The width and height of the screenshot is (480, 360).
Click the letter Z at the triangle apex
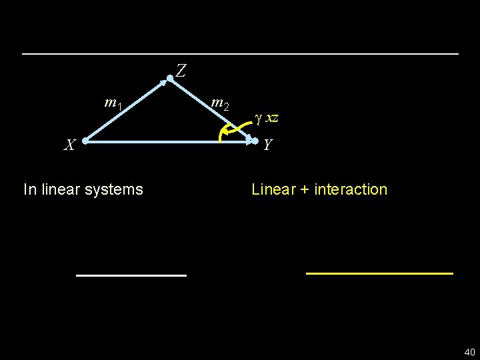pyautogui.click(x=181, y=69)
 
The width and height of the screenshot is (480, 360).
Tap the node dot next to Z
pyautogui.click(x=170, y=79)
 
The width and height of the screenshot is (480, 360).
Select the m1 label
pyautogui.click(x=113, y=103)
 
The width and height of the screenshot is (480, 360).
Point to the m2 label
pyautogui.click(x=220, y=103)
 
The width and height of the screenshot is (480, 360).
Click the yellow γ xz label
pyautogui.click(x=267, y=119)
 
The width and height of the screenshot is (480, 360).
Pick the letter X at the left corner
pyautogui.click(x=69, y=144)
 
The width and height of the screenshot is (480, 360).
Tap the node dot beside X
pyautogui.click(x=85, y=141)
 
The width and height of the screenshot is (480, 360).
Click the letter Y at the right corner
pyautogui.click(x=267, y=144)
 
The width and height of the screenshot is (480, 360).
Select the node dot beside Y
pyautogui.click(x=255, y=141)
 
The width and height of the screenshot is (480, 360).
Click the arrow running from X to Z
pyautogui.click(x=127, y=110)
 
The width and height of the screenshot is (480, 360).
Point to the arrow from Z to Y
pyautogui.click(x=212, y=109)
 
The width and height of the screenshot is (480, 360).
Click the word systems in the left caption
pyautogui.click(x=117, y=189)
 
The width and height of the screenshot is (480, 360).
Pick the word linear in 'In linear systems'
pyautogui.click(x=64, y=189)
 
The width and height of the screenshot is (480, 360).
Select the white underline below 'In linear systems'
pyautogui.click(x=131, y=275)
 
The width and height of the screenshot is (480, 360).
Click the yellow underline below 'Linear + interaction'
pyautogui.click(x=379, y=273)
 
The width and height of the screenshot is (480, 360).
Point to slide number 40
pyautogui.click(x=469, y=352)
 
